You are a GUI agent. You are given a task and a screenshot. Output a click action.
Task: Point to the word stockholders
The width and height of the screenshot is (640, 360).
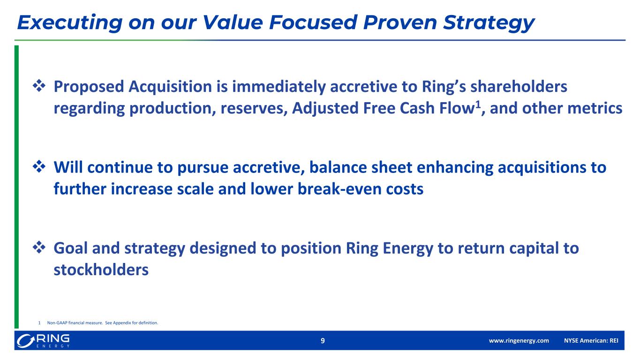101,270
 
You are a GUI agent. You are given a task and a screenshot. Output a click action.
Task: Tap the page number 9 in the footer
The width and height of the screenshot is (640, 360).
323,341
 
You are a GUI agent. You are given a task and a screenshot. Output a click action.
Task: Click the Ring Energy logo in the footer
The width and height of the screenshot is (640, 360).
43,341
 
